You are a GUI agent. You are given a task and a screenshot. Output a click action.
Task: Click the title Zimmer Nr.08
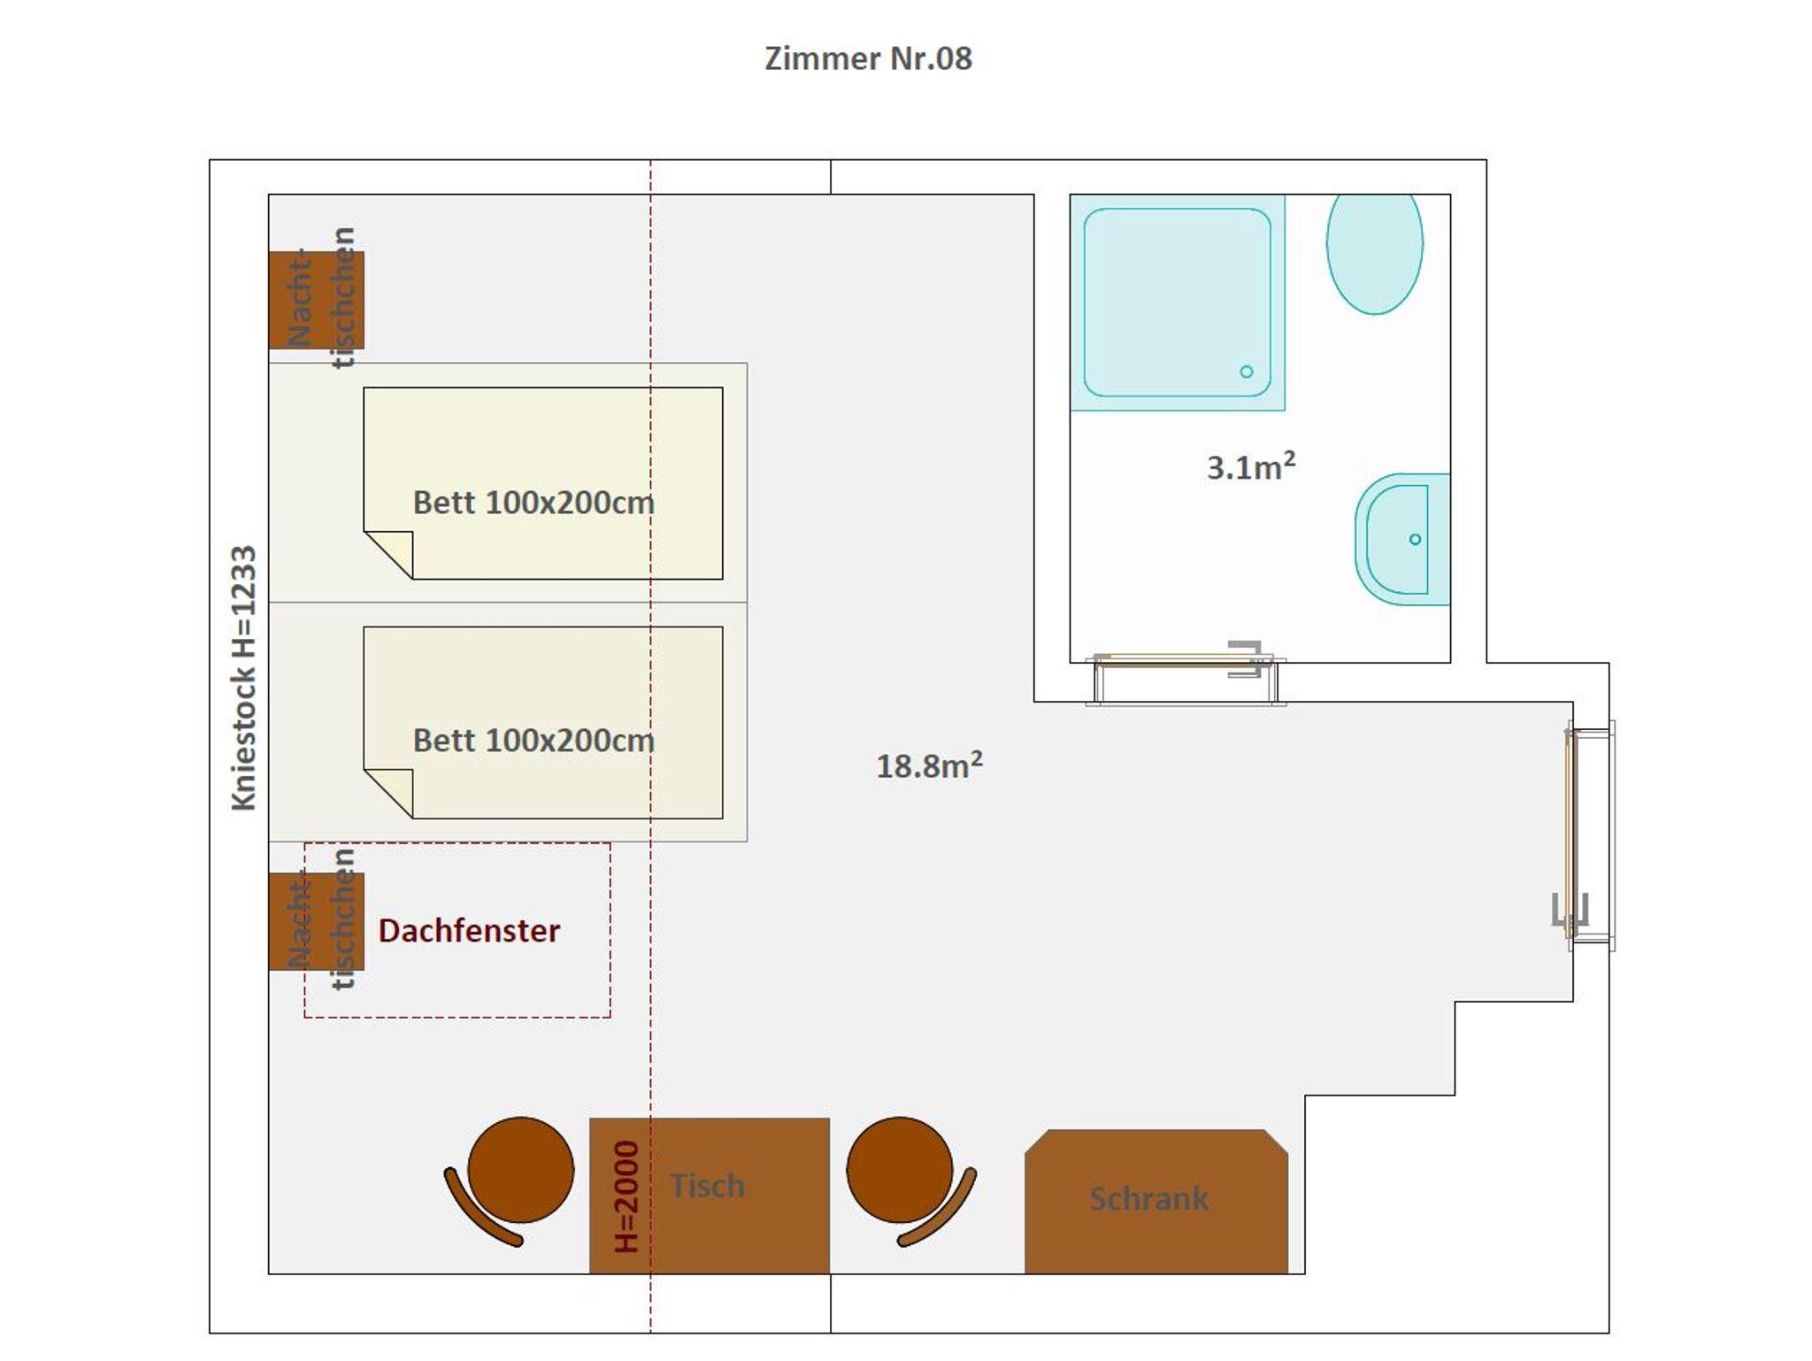pyautogui.click(x=868, y=58)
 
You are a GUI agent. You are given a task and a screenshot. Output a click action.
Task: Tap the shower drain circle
pyautogui.click(x=1246, y=372)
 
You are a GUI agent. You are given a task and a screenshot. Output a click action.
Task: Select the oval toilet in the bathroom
pyautogui.click(x=1374, y=254)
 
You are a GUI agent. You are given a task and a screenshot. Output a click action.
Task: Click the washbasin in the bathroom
pyautogui.click(x=1402, y=539)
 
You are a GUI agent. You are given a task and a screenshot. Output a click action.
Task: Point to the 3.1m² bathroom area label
pyautogui.click(x=1251, y=465)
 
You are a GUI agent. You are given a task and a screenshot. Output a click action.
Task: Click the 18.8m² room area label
pyautogui.click(x=929, y=765)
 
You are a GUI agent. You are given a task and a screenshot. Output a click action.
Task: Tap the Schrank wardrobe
pyautogui.click(x=1156, y=1201)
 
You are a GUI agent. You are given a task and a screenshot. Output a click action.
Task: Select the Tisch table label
pyautogui.click(x=707, y=1186)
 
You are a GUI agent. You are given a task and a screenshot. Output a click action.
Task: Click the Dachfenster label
pyautogui.click(x=469, y=931)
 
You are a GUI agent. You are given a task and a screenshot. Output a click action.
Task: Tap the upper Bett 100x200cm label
pyautogui.click(x=534, y=503)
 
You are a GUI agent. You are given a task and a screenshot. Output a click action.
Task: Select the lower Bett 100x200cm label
pyautogui.click(x=534, y=741)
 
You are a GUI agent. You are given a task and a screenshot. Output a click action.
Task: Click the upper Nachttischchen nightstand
pyautogui.click(x=316, y=300)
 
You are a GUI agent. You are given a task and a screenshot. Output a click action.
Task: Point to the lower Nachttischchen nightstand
pyautogui.click(x=316, y=921)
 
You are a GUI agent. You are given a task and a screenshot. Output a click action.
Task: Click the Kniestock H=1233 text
pyautogui.click(x=243, y=678)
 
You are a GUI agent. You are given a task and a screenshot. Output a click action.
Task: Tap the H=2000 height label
pyautogui.click(x=626, y=1196)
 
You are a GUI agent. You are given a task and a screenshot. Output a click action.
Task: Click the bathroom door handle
pyautogui.click(x=1247, y=659)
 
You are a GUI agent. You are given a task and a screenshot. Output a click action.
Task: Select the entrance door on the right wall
pyautogui.click(x=1590, y=835)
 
